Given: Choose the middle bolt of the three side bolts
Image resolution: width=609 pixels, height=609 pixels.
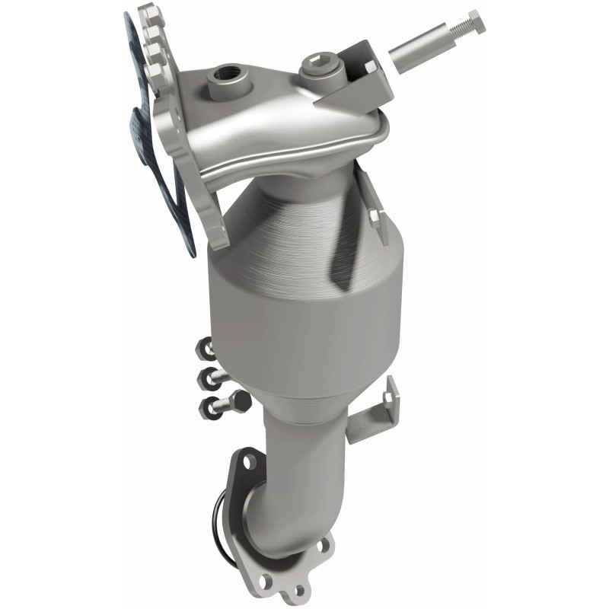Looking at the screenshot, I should (x=209, y=375).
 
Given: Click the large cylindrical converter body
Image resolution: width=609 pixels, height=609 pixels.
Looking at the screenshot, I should (x=304, y=327).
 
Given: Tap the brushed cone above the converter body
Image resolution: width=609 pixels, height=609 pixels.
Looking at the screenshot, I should (x=304, y=221).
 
